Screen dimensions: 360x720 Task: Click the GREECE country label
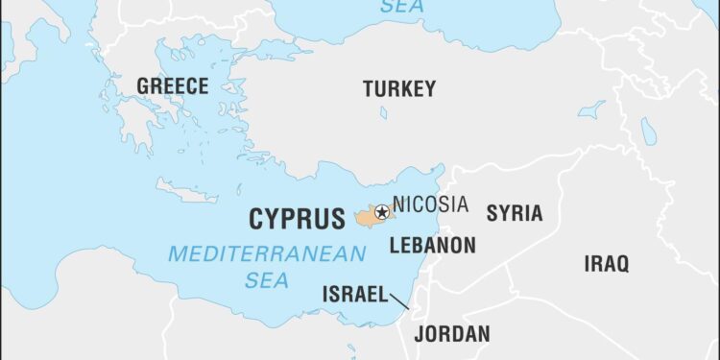tap(172, 86)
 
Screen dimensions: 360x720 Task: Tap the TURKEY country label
tap(398, 89)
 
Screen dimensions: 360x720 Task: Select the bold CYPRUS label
tap(297, 219)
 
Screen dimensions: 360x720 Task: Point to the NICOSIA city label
tap(430, 204)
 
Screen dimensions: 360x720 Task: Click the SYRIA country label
tap(514, 213)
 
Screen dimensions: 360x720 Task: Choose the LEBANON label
tap(432, 246)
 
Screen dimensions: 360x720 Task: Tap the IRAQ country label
tap(607, 263)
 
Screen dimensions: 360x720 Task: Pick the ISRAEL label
tap(354, 294)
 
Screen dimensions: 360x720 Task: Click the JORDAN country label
tap(451, 334)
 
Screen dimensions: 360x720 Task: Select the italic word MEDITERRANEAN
tap(267, 254)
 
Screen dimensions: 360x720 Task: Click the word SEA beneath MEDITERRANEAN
tap(266, 279)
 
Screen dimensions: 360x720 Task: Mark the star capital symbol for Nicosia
tap(382, 212)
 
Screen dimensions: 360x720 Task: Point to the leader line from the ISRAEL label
tap(398, 300)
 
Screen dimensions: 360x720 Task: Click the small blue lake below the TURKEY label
tap(383, 112)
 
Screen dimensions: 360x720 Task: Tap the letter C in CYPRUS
tap(257, 219)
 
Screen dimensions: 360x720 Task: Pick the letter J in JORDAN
tap(419, 334)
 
